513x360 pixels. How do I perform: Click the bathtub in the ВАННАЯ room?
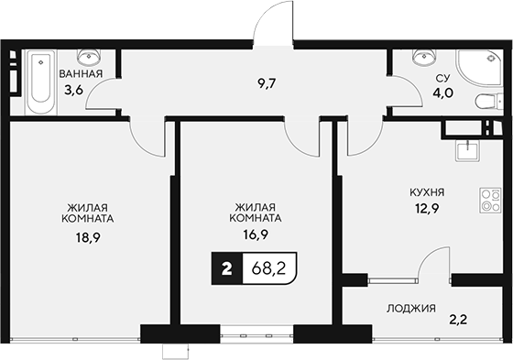(39, 83)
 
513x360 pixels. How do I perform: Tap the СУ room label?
(440, 79)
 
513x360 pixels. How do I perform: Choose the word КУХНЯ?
(427, 193)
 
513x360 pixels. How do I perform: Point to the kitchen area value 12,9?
(427, 210)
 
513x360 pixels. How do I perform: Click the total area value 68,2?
(269, 268)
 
